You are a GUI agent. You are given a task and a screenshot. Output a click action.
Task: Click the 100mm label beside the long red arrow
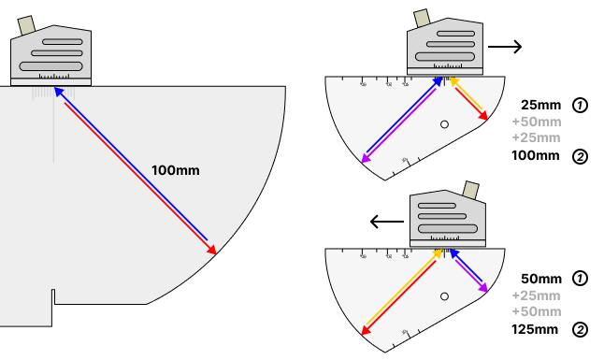[x=176, y=170]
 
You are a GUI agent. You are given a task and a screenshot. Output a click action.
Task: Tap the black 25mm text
[x=541, y=105]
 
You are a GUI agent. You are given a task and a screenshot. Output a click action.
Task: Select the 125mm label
[x=537, y=329]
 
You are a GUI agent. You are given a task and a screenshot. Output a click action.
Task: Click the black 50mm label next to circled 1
[x=541, y=279]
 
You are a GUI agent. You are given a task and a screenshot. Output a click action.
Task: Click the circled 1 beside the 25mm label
[x=580, y=106]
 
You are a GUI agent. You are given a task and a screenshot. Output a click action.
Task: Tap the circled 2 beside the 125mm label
[x=580, y=329]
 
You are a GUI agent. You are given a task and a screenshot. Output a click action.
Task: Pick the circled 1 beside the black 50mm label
[x=580, y=279]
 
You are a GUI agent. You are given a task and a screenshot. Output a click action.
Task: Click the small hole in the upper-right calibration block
[x=445, y=123]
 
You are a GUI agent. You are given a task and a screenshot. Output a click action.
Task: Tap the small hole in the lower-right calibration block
[x=445, y=296]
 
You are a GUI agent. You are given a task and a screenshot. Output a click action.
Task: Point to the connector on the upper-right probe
[x=423, y=18]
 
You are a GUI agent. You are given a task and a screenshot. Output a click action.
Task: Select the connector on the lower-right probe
[x=472, y=190]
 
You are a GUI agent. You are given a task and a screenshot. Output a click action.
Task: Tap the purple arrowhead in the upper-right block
[x=367, y=160]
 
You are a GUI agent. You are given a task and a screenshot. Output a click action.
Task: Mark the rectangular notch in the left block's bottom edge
[x=53, y=298]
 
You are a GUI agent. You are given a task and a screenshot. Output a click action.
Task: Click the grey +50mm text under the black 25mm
[x=537, y=122]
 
